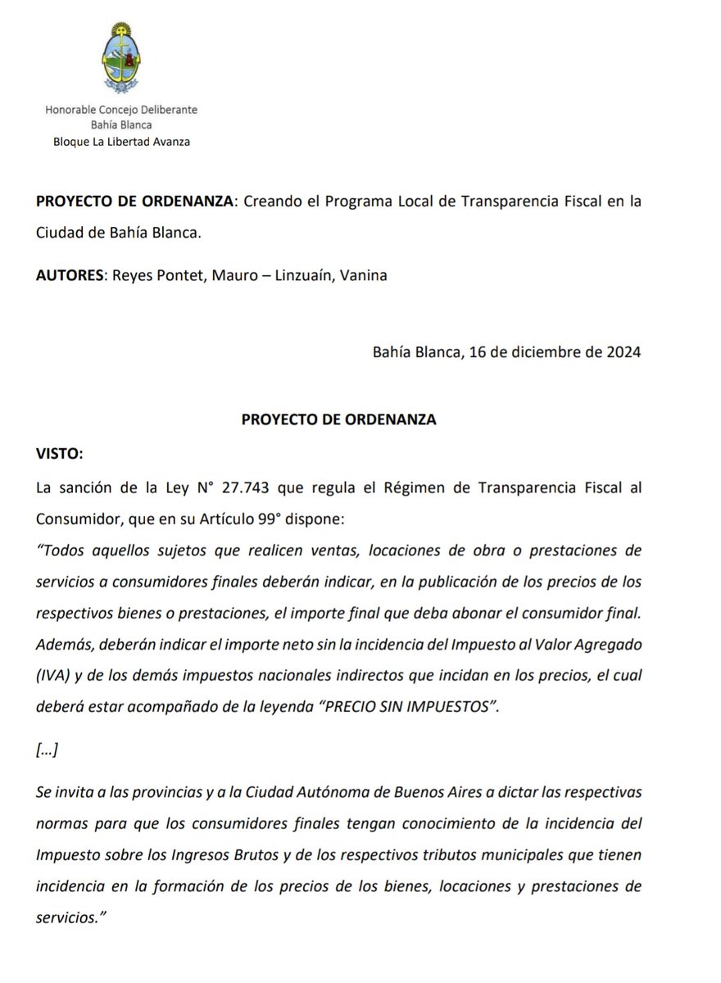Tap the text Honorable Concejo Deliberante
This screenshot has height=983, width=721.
[x=121, y=110]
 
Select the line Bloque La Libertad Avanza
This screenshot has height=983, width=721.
[x=121, y=141]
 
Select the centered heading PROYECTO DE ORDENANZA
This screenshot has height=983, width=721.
[x=339, y=419]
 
